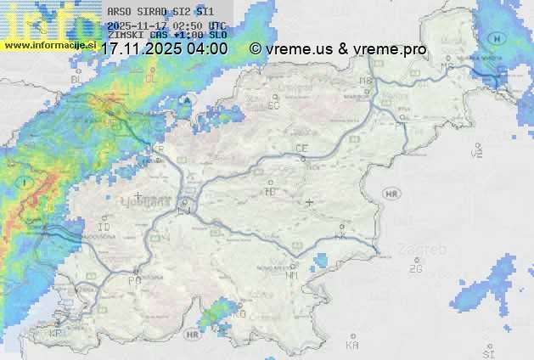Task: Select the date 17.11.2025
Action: [138, 49]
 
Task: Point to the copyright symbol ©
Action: [256, 49]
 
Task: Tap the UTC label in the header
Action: [216, 26]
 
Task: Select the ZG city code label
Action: [415, 269]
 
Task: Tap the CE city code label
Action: [301, 149]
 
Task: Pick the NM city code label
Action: [293, 275]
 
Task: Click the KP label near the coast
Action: [56, 334]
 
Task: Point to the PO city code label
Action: [133, 279]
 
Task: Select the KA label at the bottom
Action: [351, 346]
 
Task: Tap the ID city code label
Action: [104, 228]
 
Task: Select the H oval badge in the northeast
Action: [497, 38]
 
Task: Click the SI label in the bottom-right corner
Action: [487, 352]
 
